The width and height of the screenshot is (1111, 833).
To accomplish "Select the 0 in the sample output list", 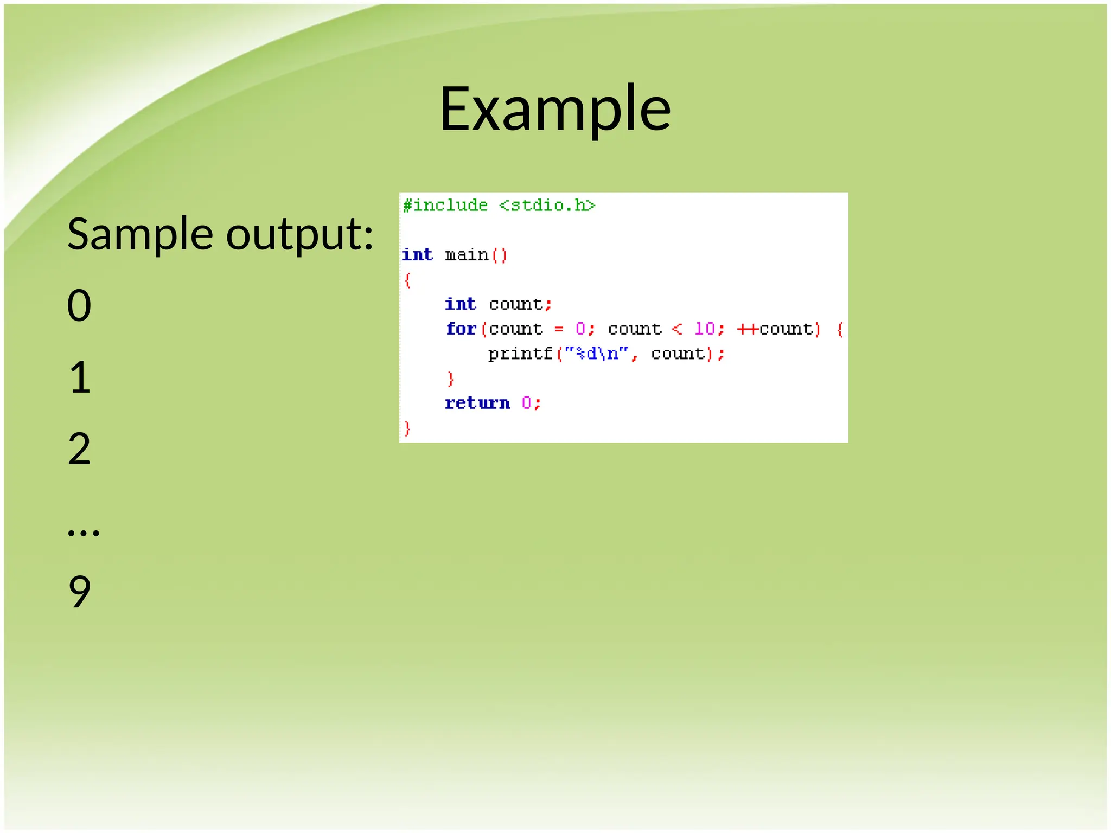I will pyautogui.click(x=79, y=305).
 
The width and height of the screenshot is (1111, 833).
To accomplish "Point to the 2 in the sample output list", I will pyautogui.click(x=79, y=449).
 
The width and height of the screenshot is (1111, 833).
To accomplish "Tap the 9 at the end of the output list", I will pyautogui.click(x=79, y=592).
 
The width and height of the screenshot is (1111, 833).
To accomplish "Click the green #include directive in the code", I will pyautogui.click(x=445, y=205).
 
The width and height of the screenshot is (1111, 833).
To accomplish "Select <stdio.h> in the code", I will pyautogui.click(x=547, y=205).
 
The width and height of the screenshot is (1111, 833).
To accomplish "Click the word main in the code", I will pyautogui.click(x=467, y=254).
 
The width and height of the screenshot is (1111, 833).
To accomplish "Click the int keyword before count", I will pyautogui.click(x=460, y=304).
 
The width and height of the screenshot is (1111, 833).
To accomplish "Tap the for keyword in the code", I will pyautogui.click(x=461, y=329).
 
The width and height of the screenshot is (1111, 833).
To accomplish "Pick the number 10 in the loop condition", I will pyautogui.click(x=705, y=329).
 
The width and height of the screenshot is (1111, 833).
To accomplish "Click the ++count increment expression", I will pyautogui.click(x=775, y=329).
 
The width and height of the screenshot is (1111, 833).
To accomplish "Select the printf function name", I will pyautogui.click(x=520, y=354).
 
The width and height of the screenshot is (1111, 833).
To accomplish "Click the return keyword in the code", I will pyautogui.click(x=477, y=403).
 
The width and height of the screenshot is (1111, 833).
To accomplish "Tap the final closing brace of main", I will pyautogui.click(x=407, y=428).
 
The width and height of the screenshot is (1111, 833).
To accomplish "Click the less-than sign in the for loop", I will pyautogui.click(x=676, y=329).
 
